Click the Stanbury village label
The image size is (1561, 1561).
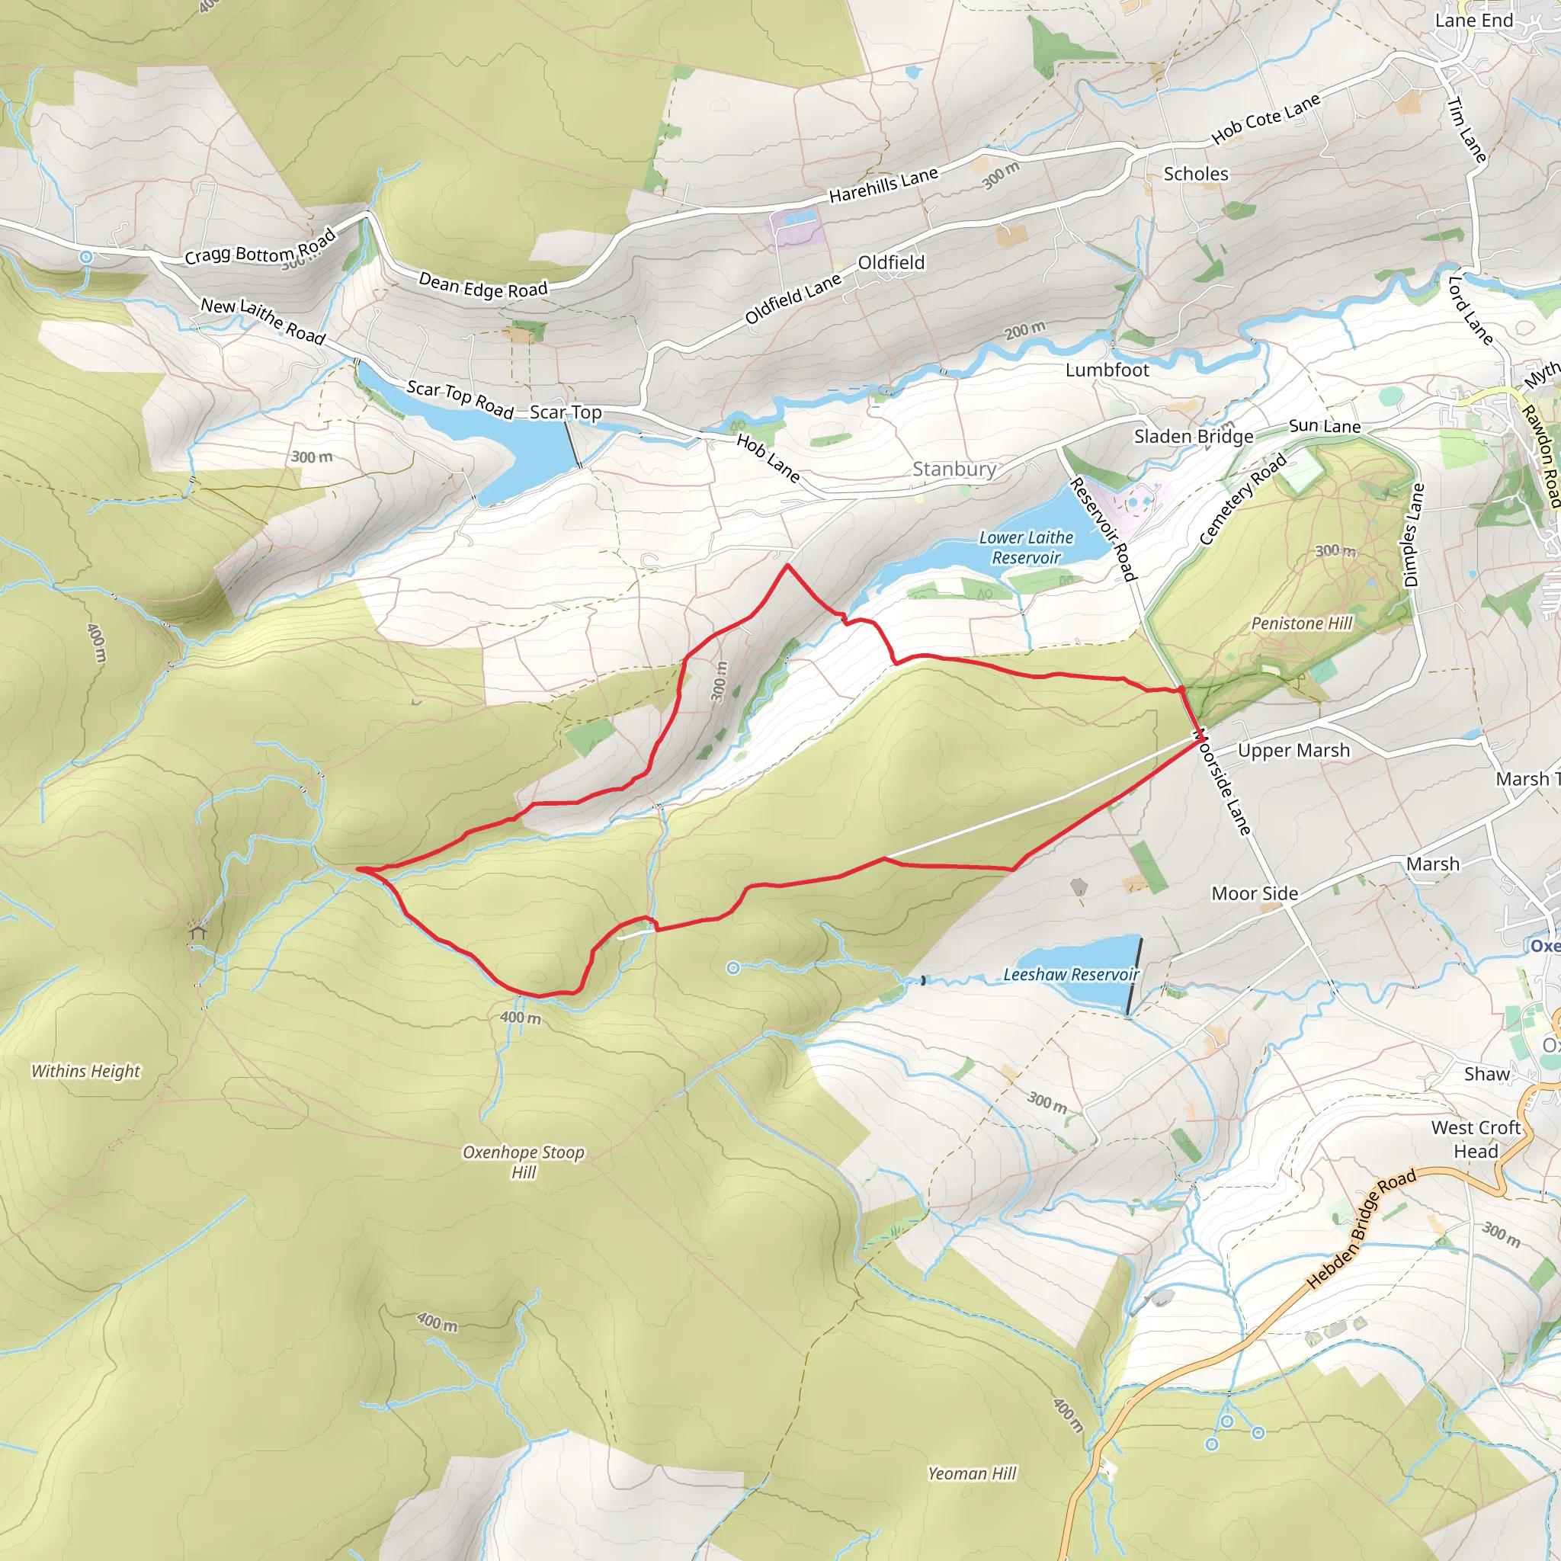click(x=954, y=470)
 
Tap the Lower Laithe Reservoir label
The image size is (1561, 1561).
click(x=1025, y=548)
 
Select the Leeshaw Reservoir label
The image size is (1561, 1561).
click(x=1071, y=975)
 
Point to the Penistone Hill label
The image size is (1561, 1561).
click(x=1302, y=623)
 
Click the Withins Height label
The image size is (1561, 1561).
click(x=85, y=1072)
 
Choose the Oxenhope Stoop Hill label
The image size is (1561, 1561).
click(x=523, y=1162)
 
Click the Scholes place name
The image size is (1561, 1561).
click(x=1196, y=175)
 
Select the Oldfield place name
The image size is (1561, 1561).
click(x=891, y=264)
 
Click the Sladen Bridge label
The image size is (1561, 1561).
click(x=1194, y=437)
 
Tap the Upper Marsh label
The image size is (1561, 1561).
click(x=1293, y=751)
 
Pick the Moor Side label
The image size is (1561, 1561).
click(x=1255, y=893)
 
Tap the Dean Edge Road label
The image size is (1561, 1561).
click(x=482, y=286)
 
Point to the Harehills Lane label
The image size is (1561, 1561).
click(x=883, y=185)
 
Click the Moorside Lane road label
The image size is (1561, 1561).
click(x=1222, y=782)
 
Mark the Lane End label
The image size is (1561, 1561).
click(x=1474, y=21)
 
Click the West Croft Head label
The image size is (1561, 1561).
click(x=1476, y=1139)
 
